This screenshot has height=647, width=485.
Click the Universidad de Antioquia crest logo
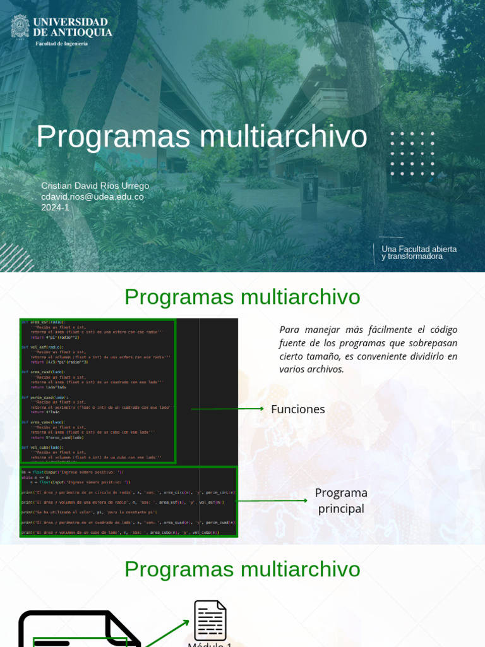pos(20,26)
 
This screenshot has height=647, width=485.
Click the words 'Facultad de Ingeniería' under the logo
pos(62,44)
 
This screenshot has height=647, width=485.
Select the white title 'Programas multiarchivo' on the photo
pos(201,136)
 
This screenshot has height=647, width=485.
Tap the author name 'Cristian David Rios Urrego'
pos(95,186)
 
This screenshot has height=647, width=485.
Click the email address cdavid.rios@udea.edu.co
pos(92,197)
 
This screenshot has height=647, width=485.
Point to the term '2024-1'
pos(55,207)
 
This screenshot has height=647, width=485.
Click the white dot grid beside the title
pos(412,154)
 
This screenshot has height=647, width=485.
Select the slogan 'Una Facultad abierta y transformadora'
pos(419,253)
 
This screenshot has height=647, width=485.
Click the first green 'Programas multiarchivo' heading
pos(242,296)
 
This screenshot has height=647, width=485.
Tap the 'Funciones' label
pos(298,409)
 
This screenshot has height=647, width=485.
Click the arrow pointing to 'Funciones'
pos(227,409)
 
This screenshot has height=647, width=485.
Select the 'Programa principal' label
pos(341,500)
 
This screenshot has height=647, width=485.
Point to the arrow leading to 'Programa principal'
pos(272,501)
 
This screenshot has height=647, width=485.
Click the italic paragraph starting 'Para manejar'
pos(368,349)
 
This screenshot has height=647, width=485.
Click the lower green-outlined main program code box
pos(129,502)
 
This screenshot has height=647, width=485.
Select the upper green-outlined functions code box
pos(98,391)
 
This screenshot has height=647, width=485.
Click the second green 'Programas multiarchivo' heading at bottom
pos(242,569)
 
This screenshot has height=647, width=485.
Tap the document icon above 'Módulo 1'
pos(210,620)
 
